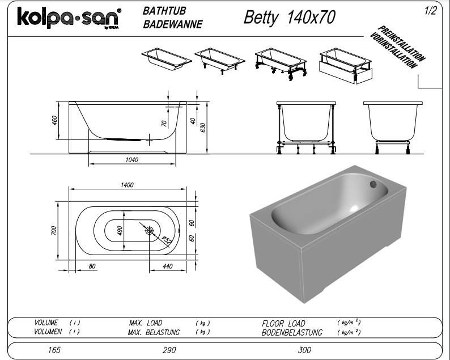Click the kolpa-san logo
(69, 18)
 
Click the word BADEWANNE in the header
(173, 24)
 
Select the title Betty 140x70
(290, 17)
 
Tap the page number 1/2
(430, 11)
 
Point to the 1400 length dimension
(127, 185)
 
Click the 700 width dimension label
(54, 231)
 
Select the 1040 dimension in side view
(131, 160)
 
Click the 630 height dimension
(203, 128)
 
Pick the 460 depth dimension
(54, 120)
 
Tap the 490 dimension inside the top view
(120, 231)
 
